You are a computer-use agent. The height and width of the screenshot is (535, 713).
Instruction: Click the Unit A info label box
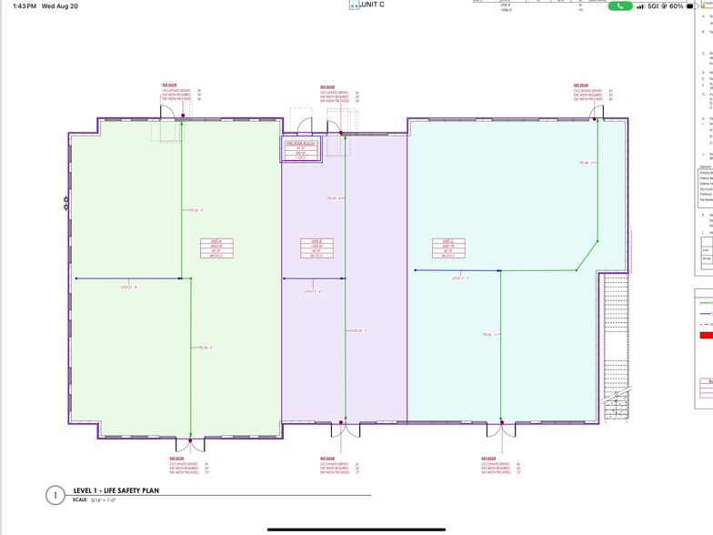(x=216, y=249)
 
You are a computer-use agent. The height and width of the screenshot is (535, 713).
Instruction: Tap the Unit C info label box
(x=447, y=249)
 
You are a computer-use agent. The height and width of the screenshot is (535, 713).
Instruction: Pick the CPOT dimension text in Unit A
(x=129, y=287)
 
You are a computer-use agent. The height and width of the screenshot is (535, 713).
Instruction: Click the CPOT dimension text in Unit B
(x=313, y=291)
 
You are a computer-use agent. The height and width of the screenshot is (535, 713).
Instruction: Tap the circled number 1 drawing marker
(x=56, y=495)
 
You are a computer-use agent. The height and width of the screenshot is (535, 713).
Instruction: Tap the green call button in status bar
(x=619, y=5)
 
